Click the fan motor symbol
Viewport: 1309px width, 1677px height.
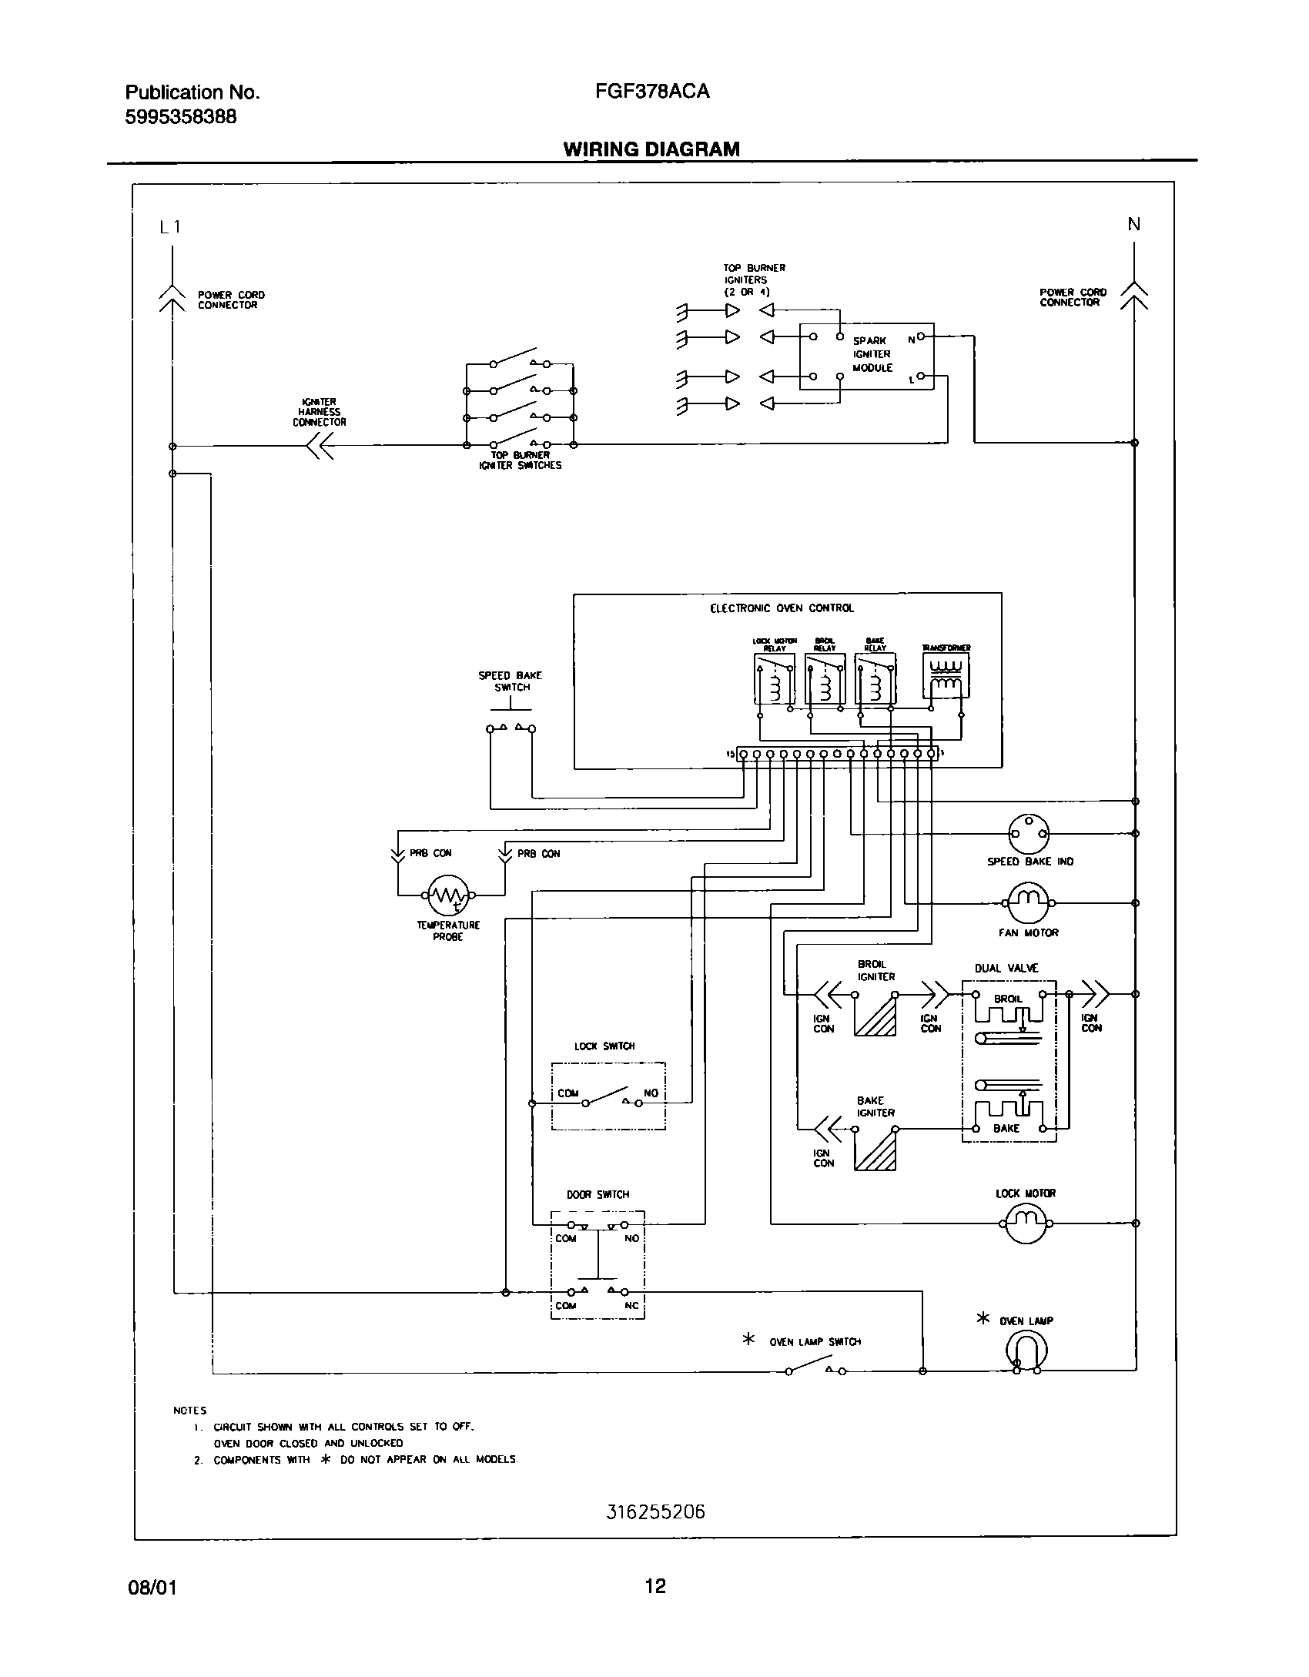(1028, 902)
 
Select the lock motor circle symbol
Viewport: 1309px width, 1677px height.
(1026, 1222)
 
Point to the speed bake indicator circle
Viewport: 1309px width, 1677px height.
(1029, 833)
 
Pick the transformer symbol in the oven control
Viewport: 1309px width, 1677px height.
(946, 675)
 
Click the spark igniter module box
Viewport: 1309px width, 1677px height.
(867, 356)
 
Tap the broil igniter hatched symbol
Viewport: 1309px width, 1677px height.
(875, 1015)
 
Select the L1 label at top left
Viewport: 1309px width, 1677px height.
(169, 227)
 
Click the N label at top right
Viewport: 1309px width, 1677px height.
(1133, 224)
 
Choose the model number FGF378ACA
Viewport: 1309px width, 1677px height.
(651, 92)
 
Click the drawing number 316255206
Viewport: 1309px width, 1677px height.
(655, 1512)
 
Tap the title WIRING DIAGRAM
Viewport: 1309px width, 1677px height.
(651, 149)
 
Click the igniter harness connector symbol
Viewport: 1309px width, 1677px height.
(320, 446)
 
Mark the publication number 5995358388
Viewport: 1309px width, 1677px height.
(181, 116)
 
